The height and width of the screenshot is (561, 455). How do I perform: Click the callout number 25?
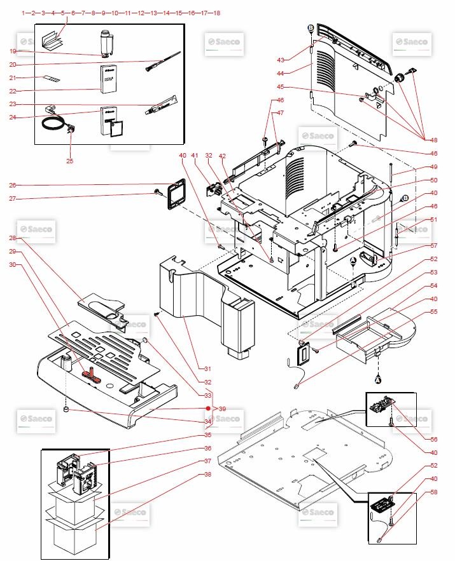point(69,161)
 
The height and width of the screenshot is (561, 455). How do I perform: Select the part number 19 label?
point(13,51)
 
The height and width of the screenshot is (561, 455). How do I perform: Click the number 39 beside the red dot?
point(222,409)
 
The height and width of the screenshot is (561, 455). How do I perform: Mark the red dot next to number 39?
point(208,409)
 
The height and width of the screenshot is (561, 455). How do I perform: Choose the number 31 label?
point(207,368)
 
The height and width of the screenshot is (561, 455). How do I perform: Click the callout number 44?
point(281,73)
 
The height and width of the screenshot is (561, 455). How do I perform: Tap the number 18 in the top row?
point(216,13)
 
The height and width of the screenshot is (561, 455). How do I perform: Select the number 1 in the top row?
point(23,13)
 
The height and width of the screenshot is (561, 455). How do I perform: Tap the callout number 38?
point(207,474)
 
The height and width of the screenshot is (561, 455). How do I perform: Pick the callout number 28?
point(13,238)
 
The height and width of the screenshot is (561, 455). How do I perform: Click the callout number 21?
point(13,78)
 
